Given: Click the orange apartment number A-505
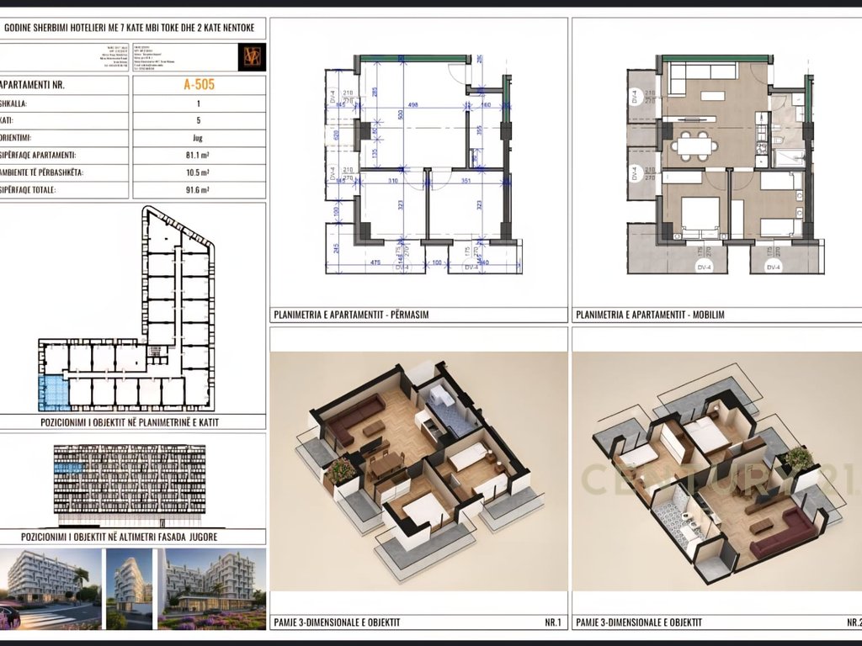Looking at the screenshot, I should [x=199, y=84].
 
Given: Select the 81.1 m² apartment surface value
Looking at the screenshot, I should [x=199, y=155].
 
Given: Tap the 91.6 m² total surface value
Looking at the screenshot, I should [x=199, y=190].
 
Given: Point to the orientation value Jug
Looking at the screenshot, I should [x=199, y=137].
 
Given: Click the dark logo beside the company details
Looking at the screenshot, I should [x=252, y=56].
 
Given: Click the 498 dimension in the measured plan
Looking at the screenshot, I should [x=412, y=105].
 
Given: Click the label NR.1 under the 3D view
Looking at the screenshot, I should [x=552, y=622].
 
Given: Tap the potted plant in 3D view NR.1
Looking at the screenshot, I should [x=341, y=472].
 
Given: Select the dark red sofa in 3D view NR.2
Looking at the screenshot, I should [x=783, y=533].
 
